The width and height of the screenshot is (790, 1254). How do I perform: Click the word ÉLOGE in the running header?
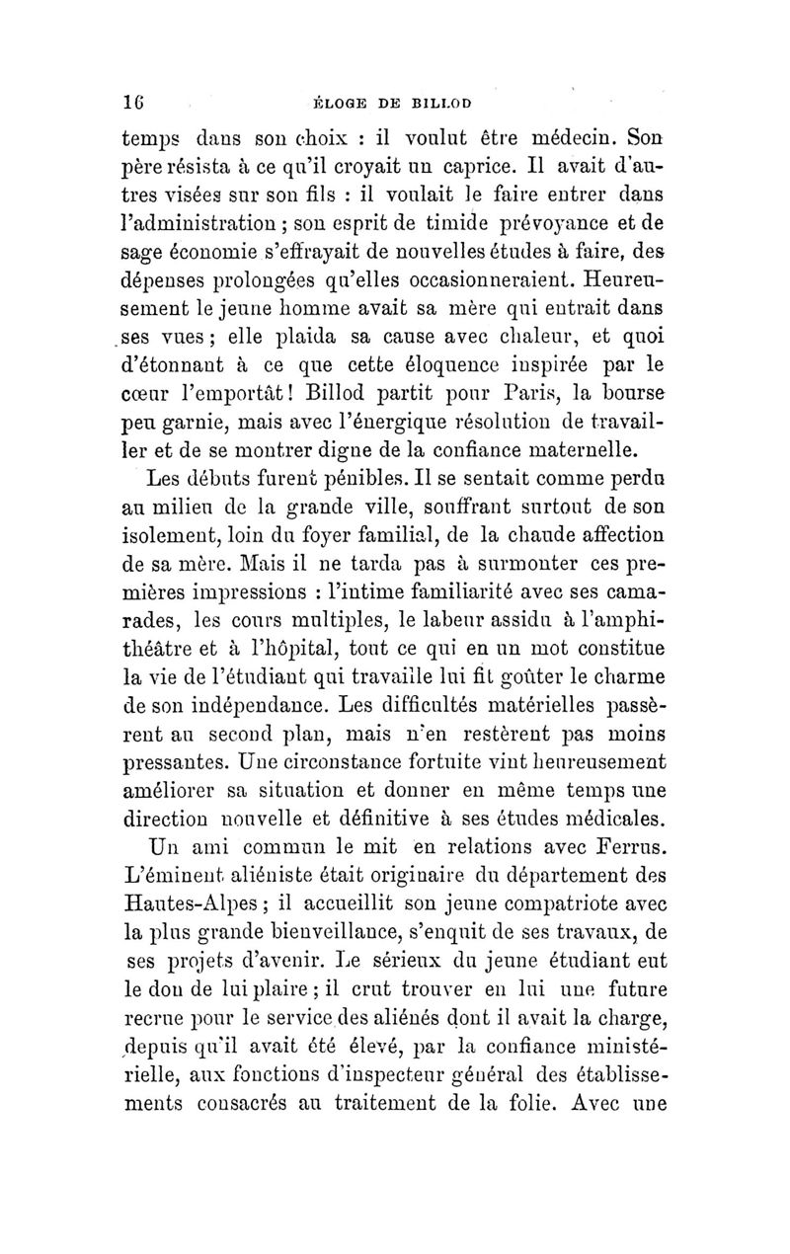pos(339,101)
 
